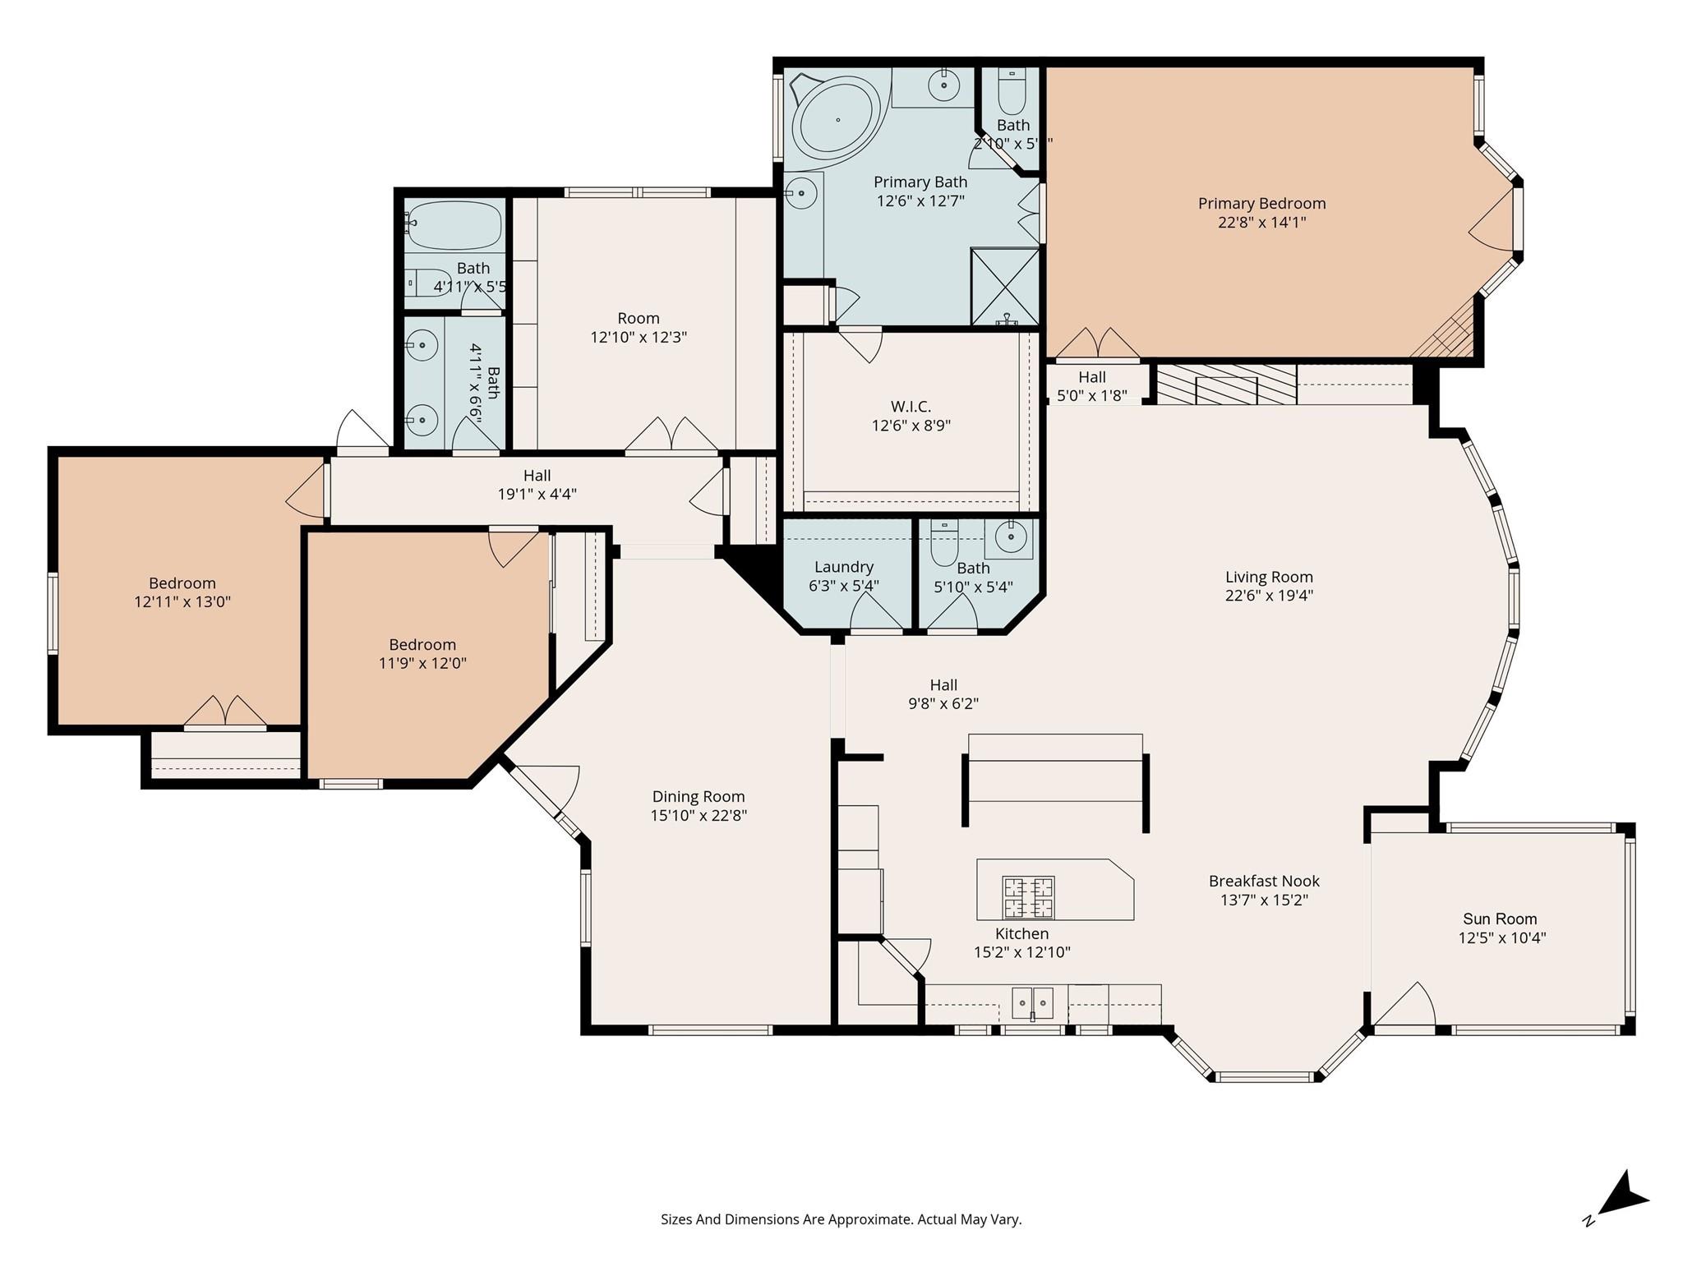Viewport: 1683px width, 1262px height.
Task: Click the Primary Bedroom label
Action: (1261, 203)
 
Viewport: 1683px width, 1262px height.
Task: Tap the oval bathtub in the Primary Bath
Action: (837, 120)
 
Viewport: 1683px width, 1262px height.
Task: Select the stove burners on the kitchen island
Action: (1028, 896)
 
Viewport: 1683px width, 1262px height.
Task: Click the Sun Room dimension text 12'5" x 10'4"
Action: (1501, 937)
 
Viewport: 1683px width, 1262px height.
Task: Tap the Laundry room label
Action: (843, 567)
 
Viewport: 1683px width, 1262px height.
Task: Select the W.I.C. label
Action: (911, 407)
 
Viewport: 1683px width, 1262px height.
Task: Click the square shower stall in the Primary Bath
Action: (1004, 285)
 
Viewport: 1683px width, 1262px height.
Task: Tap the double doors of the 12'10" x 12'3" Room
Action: (672, 435)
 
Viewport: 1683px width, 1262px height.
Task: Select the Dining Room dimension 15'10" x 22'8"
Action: (699, 815)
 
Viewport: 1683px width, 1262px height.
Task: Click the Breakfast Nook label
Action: (1264, 881)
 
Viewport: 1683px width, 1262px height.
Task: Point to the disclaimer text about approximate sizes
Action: (841, 1219)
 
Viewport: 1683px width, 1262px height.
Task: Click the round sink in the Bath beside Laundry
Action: (1011, 537)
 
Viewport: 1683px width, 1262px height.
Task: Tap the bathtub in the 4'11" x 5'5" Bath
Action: (454, 224)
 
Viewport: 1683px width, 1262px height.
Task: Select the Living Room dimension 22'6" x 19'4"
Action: (1269, 596)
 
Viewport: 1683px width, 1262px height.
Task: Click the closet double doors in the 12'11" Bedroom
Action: (225, 712)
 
